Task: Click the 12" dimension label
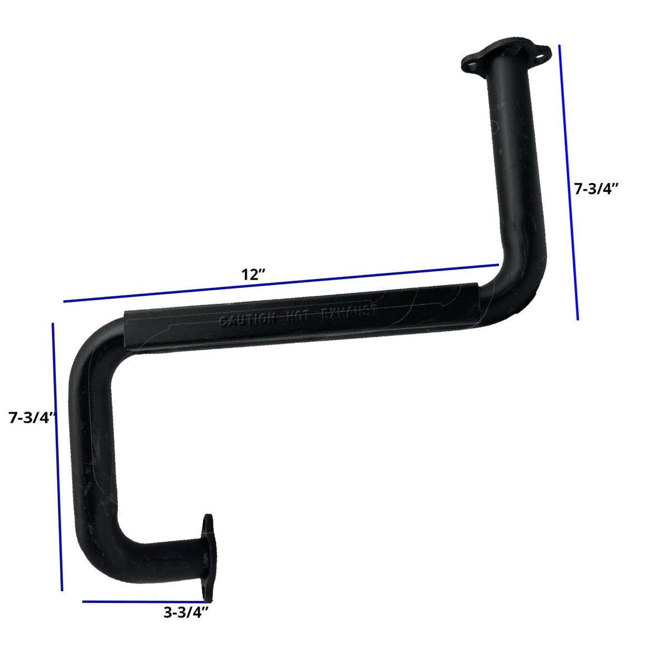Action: [x=253, y=275]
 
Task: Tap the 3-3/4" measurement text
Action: [x=186, y=612]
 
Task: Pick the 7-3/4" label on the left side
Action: [x=32, y=417]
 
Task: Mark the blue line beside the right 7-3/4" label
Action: [x=568, y=182]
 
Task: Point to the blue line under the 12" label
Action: [x=280, y=284]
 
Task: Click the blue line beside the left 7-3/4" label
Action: [x=57, y=456]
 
